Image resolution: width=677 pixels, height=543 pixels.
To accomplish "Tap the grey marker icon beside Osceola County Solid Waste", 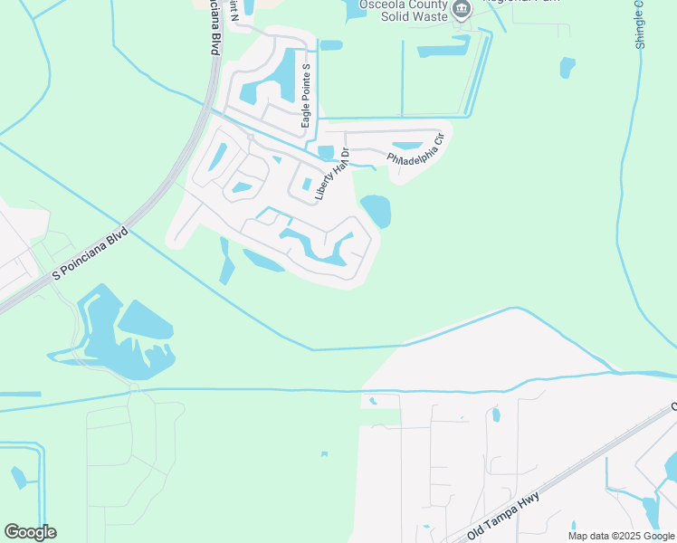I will [462, 10].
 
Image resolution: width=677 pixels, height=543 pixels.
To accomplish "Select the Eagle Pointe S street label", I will [306, 96].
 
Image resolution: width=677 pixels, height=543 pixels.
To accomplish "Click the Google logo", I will [30, 532].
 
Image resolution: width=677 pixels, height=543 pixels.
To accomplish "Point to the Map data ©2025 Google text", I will [621, 536].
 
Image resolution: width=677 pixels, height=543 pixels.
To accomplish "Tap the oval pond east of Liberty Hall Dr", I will [376, 211].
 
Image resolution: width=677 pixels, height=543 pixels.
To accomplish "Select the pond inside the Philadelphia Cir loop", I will [407, 146].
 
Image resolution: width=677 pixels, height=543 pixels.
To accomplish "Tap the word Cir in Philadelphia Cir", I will [437, 141].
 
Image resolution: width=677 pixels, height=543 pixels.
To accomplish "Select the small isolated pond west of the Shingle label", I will [567, 67].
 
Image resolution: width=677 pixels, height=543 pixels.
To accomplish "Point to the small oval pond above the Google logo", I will [17, 477].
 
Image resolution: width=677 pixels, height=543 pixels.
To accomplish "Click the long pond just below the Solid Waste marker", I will [443, 50].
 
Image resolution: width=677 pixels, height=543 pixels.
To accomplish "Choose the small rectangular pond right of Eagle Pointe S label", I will [330, 44].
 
